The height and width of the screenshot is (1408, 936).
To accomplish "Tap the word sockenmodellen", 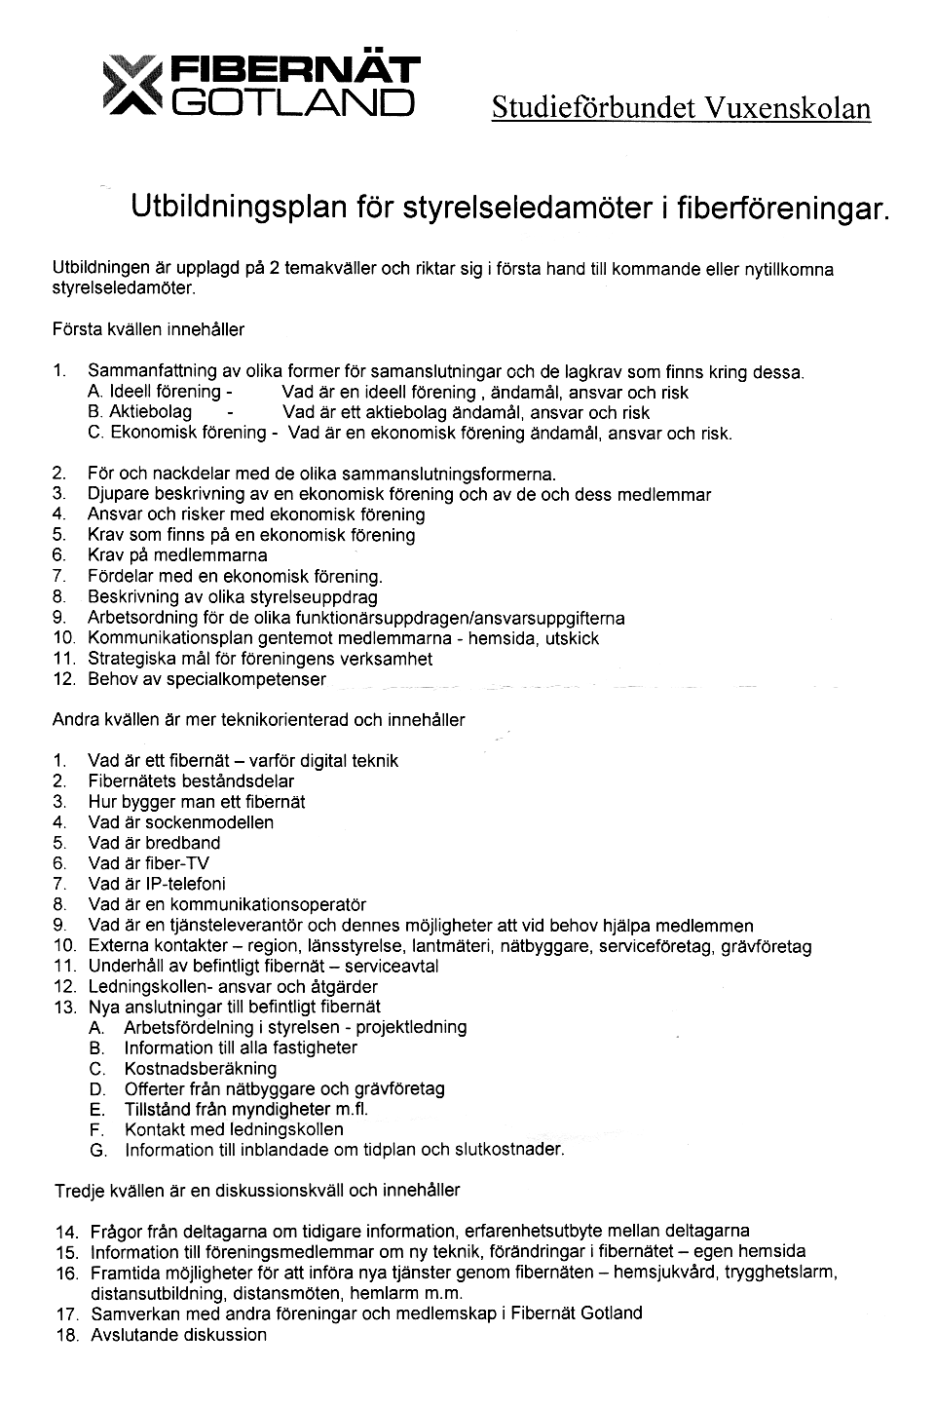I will tap(209, 822).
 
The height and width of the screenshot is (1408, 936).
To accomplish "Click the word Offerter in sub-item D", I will tap(156, 1088).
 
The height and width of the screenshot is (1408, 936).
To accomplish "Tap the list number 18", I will tap(66, 1335).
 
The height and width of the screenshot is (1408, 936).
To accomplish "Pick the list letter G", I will tap(96, 1151).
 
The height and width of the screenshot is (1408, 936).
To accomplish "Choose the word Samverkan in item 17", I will tap(131, 1313).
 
